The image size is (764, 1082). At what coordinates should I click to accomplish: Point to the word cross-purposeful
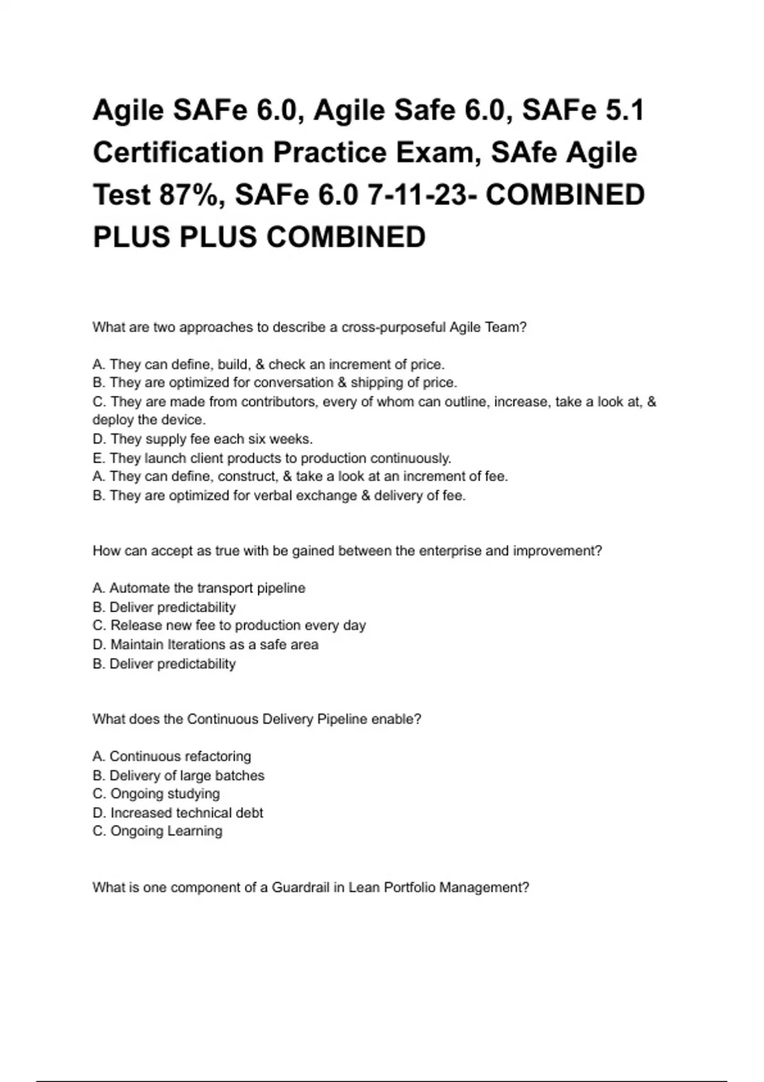[393, 328]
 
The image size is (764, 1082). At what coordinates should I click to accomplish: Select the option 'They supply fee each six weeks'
[202, 439]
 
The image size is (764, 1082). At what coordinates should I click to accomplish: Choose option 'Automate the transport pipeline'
[199, 588]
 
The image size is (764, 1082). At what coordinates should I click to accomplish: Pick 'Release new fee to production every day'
[229, 626]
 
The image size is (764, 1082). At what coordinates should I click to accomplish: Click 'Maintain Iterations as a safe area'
[205, 645]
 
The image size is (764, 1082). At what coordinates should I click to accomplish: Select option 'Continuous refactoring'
[172, 757]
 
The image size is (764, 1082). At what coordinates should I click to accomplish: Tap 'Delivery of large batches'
[178, 776]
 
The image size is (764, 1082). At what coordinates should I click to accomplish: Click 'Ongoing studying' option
[157, 794]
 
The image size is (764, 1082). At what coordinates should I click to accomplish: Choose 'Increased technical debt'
[178, 813]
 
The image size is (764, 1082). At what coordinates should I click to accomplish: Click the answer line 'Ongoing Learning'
[158, 831]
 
